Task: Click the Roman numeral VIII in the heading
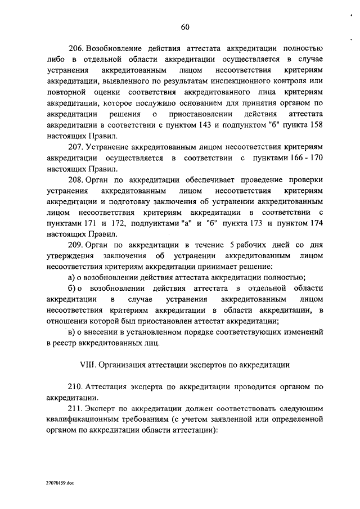(88, 364)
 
